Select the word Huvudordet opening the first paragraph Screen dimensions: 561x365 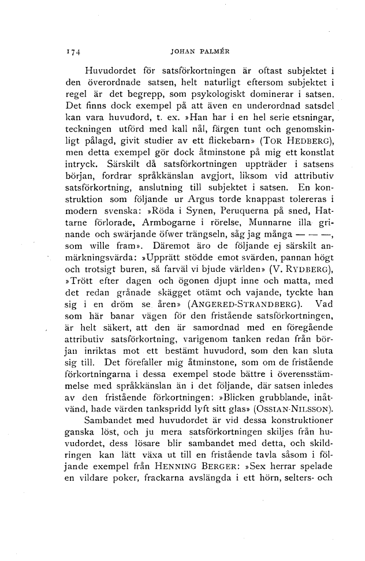[109, 72]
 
